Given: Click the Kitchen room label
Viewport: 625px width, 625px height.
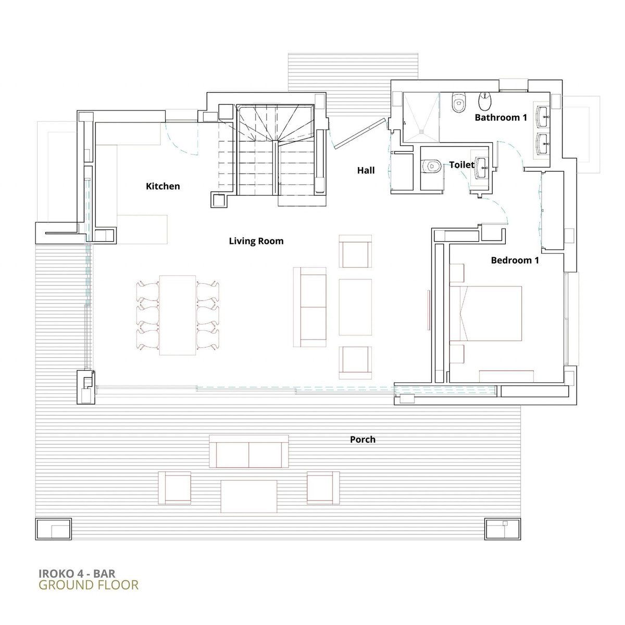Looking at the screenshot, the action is [x=163, y=186].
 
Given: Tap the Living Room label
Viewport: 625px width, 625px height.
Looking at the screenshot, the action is [x=256, y=241].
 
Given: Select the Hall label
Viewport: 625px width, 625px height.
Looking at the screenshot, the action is [x=366, y=170].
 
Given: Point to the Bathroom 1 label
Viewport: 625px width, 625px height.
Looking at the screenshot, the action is [x=501, y=117].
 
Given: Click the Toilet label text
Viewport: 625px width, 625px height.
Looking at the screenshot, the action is [x=462, y=165].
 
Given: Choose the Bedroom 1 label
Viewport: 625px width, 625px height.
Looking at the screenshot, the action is [x=515, y=260].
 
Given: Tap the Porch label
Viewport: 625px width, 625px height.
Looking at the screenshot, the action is [x=362, y=440].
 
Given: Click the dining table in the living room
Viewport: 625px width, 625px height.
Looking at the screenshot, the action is [x=178, y=315].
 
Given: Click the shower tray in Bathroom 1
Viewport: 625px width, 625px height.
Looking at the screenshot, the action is [x=421, y=117].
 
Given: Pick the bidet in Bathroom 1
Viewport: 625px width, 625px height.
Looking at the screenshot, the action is [x=485, y=101].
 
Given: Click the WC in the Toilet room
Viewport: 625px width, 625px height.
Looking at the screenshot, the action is [x=431, y=166].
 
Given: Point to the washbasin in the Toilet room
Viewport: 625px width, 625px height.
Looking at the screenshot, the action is [x=483, y=168].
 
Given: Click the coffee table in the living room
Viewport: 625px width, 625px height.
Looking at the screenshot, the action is [x=355, y=307].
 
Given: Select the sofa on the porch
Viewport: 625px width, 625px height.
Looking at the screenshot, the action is [x=249, y=452].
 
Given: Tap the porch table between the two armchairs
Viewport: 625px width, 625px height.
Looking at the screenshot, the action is [x=249, y=496].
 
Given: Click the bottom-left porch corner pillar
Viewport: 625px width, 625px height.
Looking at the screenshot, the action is [x=53, y=528].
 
